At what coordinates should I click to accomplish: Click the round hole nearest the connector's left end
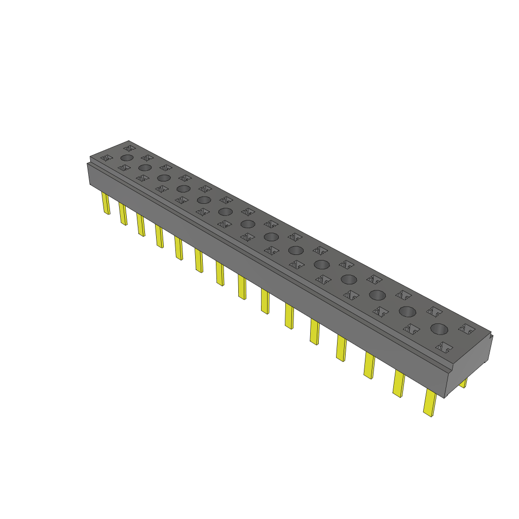(127, 158)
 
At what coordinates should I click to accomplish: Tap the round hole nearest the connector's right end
(439, 328)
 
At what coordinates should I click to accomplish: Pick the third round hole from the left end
(163, 177)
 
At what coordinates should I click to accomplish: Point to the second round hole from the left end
(145, 167)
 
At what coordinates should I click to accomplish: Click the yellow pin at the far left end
(106, 203)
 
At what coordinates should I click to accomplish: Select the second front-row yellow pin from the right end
(399, 383)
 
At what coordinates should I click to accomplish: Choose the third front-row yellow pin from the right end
(369, 365)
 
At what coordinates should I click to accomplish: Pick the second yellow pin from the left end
(123, 214)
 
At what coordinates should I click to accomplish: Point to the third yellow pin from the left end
(141, 224)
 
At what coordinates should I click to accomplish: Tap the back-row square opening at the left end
(129, 147)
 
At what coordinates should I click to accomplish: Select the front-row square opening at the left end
(106, 158)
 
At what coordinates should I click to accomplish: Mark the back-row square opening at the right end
(466, 328)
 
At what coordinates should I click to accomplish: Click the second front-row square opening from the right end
(412, 329)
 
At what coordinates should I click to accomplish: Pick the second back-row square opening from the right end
(434, 311)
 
